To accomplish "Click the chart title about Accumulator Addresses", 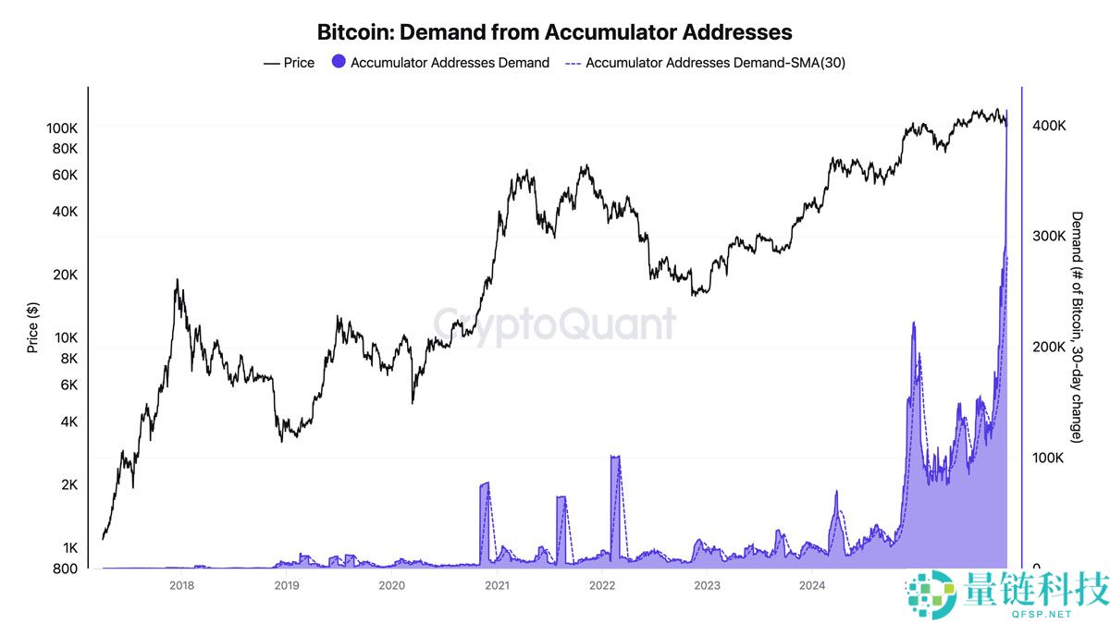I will click(x=555, y=32).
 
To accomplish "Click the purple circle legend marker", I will click(x=339, y=63).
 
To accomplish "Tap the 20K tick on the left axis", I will click(x=64, y=275).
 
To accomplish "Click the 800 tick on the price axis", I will click(x=65, y=569).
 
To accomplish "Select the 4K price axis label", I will click(x=68, y=422).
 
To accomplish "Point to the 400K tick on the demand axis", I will click(x=1049, y=126).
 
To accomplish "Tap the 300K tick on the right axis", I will click(x=1049, y=237).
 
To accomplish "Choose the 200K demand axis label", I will click(x=1049, y=348).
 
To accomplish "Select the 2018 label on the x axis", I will click(x=181, y=585).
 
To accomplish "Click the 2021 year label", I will click(x=497, y=585).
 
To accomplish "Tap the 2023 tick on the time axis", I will click(x=707, y=585).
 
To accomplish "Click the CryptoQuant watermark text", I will click(x=555, y=325).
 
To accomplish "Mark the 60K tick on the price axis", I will click(x=64, y=175).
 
